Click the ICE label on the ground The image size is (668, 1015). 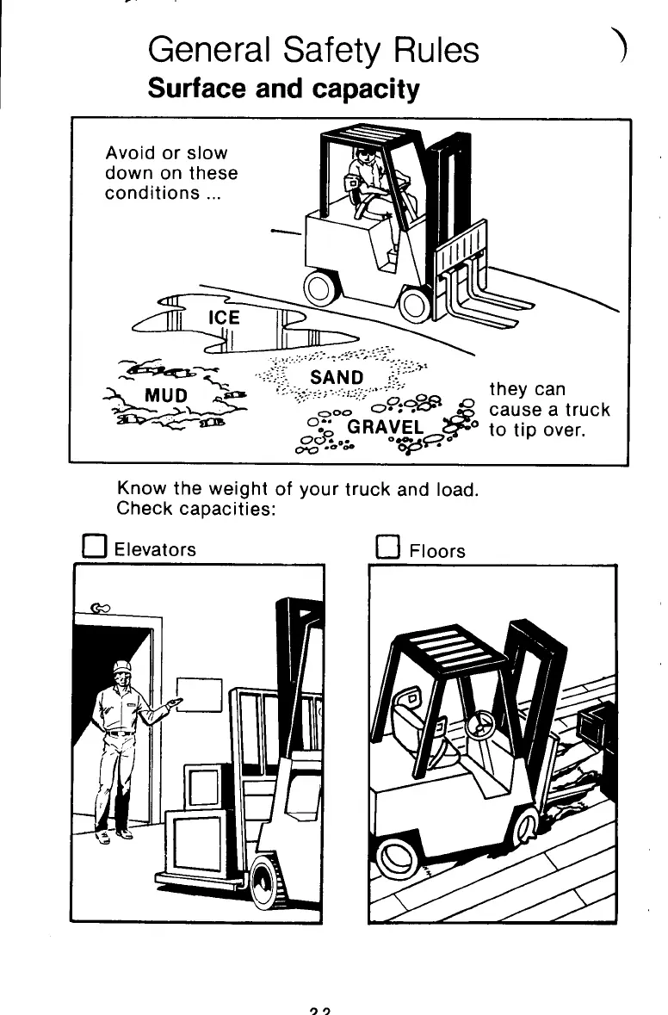[x=225, y=318]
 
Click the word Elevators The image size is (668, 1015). [x=155, y=549]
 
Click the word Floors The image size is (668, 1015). [x=437, y=549]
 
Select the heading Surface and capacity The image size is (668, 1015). [x=284, y=89]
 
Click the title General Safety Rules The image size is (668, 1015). [x=313, y=51]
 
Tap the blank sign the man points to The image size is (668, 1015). [x=200, y=695]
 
